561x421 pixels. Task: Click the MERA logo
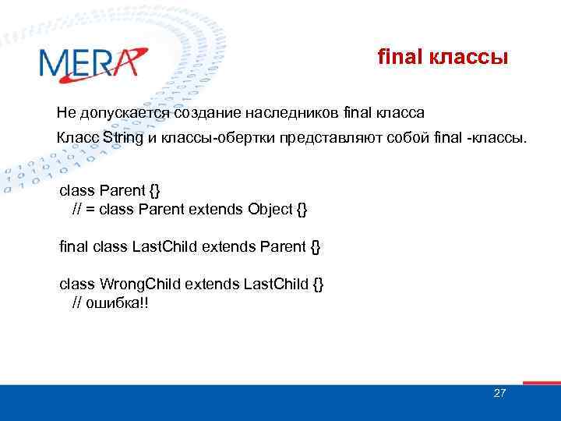[x=92, y=62]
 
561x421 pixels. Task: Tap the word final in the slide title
[x=398, y=57]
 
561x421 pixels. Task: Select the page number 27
[x=499, y=393]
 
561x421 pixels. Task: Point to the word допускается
[x=125, y=114]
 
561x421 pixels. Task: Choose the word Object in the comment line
[x=270, y=210]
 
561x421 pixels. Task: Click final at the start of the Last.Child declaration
[x=74, y=247]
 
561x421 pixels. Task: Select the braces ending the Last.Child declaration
[x=315, y=247]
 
